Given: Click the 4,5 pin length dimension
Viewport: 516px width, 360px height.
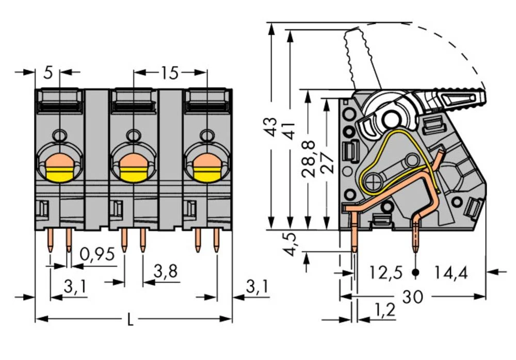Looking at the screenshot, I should (292, 244).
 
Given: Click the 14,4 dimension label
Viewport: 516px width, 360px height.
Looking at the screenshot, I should (450, 272).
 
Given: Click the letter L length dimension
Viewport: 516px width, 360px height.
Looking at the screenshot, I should (130, 320).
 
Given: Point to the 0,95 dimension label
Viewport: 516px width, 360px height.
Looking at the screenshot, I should (98, 254).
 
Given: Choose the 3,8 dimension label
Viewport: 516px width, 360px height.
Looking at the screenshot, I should (166, 271).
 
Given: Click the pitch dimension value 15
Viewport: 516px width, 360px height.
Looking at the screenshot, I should (169, 73).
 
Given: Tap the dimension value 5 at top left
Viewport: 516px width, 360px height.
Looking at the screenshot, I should (48, 73).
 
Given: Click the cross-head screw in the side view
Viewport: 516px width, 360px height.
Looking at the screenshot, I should (373, 181).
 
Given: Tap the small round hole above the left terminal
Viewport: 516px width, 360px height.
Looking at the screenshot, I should (60, 136).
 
